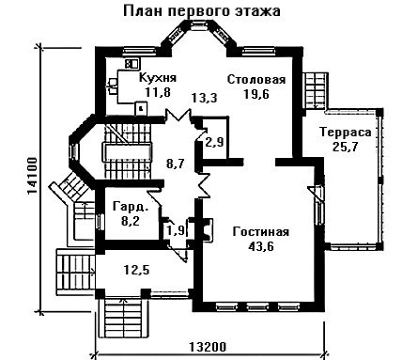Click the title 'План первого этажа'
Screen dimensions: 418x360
click(202, 11)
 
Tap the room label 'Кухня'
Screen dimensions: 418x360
click(158, 77)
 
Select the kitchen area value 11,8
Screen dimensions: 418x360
click(157, 92)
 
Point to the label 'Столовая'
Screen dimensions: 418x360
click(256, 79)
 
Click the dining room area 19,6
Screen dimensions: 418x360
click(256, 94)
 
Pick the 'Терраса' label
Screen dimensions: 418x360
click(346, 133)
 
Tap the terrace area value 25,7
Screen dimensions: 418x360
click(346, 147)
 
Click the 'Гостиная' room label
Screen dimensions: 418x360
click(261, 232)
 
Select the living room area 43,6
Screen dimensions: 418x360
click(261, 246)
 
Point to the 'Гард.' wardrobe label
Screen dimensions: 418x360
click(131, 207)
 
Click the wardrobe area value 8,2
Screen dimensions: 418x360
click(131, 221)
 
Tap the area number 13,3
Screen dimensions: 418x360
click(205, 98)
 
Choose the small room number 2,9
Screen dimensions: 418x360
click(214, 143)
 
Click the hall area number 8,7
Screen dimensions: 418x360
click(176, 164)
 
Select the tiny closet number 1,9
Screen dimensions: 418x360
click(176, 231)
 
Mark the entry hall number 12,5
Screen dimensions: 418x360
click(136, 270)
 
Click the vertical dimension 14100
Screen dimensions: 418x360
click(33, 176)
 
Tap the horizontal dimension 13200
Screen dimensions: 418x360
click(208, 347)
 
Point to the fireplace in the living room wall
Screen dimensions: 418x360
click(207, 230)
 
